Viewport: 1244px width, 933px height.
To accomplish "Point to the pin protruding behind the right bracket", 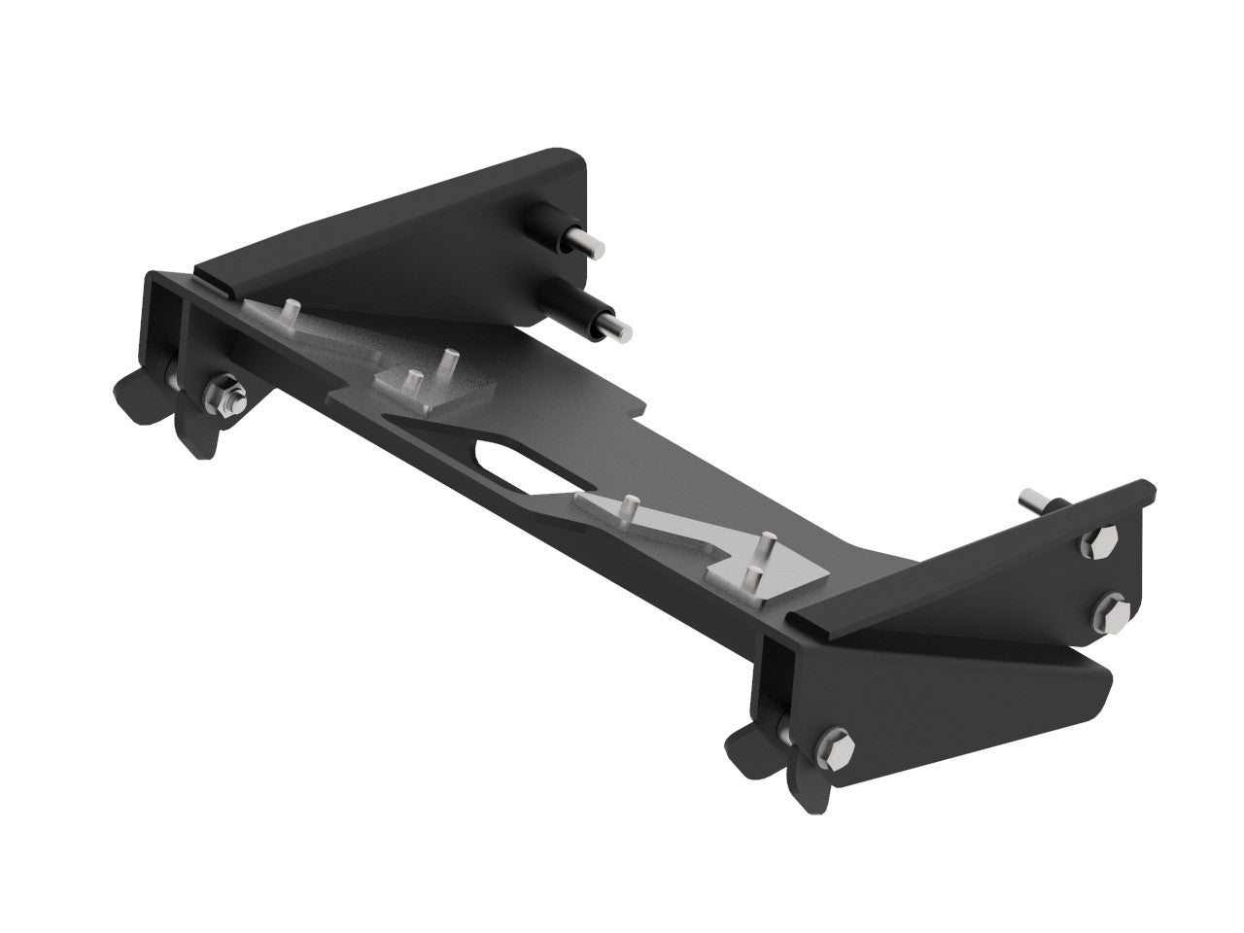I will pyautogui.click(x=1032, y=501).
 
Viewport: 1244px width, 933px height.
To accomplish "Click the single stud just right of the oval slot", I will pyautogui.click(x=630, y=508).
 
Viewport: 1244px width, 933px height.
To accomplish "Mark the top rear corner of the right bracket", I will pyautogui.click(x=1147, y=486).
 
